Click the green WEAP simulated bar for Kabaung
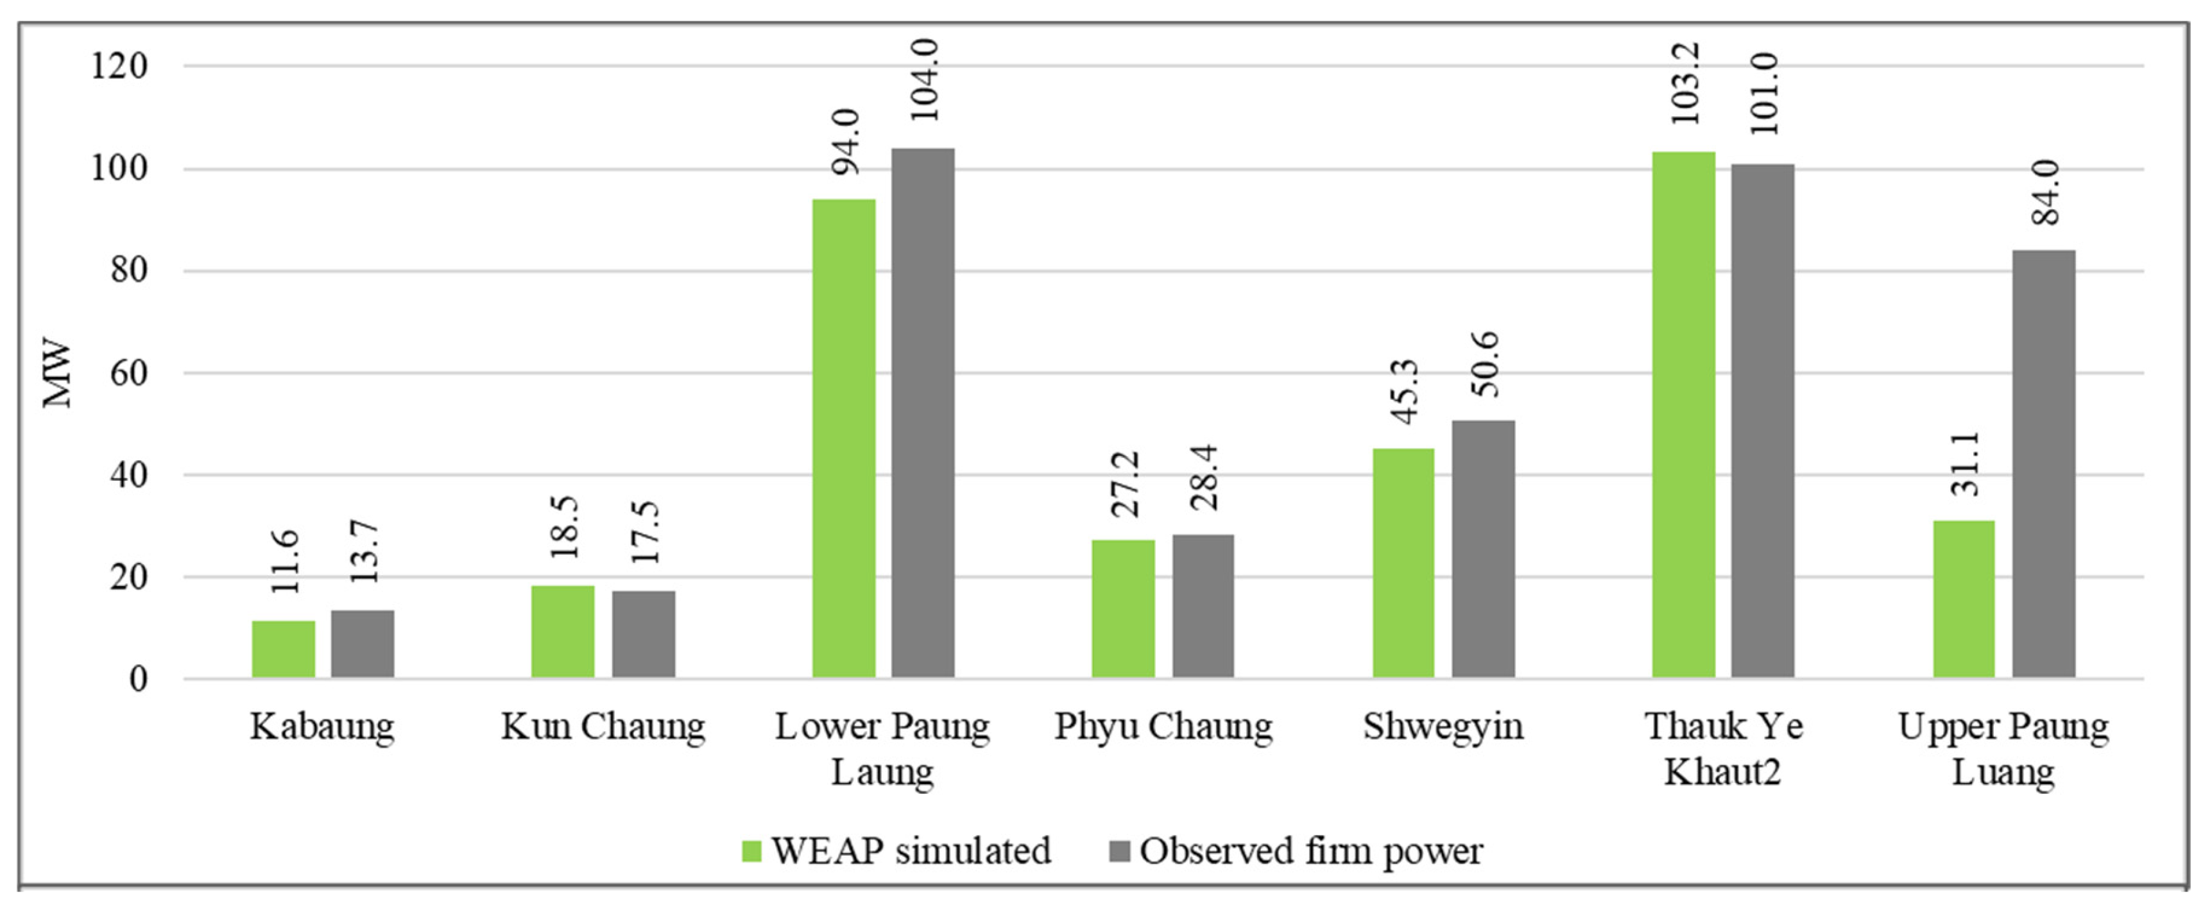283,650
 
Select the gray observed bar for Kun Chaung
643,634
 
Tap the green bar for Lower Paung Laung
843,438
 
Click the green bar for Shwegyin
1403,563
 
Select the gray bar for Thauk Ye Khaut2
1763,421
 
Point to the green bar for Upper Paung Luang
1964,599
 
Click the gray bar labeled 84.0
2043,463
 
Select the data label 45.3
1404,392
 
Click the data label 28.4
1204,478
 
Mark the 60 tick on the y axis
128,373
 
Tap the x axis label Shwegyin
1443,727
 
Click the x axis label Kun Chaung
603,727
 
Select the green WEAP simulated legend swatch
751,851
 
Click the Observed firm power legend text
1311,851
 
